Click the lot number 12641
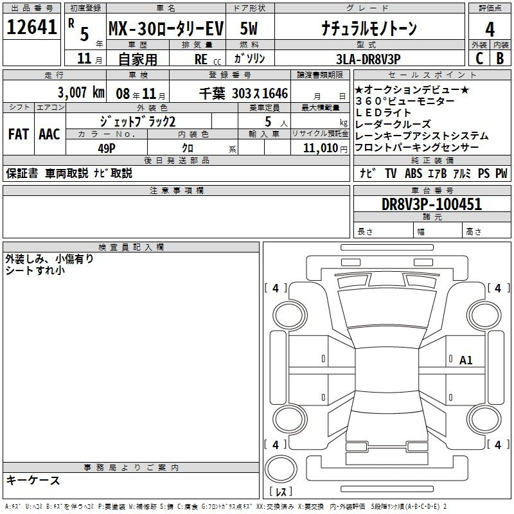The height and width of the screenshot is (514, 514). (31, 27)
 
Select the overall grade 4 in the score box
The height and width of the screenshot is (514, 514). (490, 30)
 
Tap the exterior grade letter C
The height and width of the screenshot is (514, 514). (479, 58)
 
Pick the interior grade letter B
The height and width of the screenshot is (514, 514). (500, 58)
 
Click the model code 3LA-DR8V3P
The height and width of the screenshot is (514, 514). (368, 59)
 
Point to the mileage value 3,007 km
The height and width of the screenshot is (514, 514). (81, 93)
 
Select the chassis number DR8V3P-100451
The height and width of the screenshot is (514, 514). (432, 204)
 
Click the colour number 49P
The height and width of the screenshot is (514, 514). (107, 148)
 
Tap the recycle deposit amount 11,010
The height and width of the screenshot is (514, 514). (321, 148)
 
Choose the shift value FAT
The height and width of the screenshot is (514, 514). (19, 134)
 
